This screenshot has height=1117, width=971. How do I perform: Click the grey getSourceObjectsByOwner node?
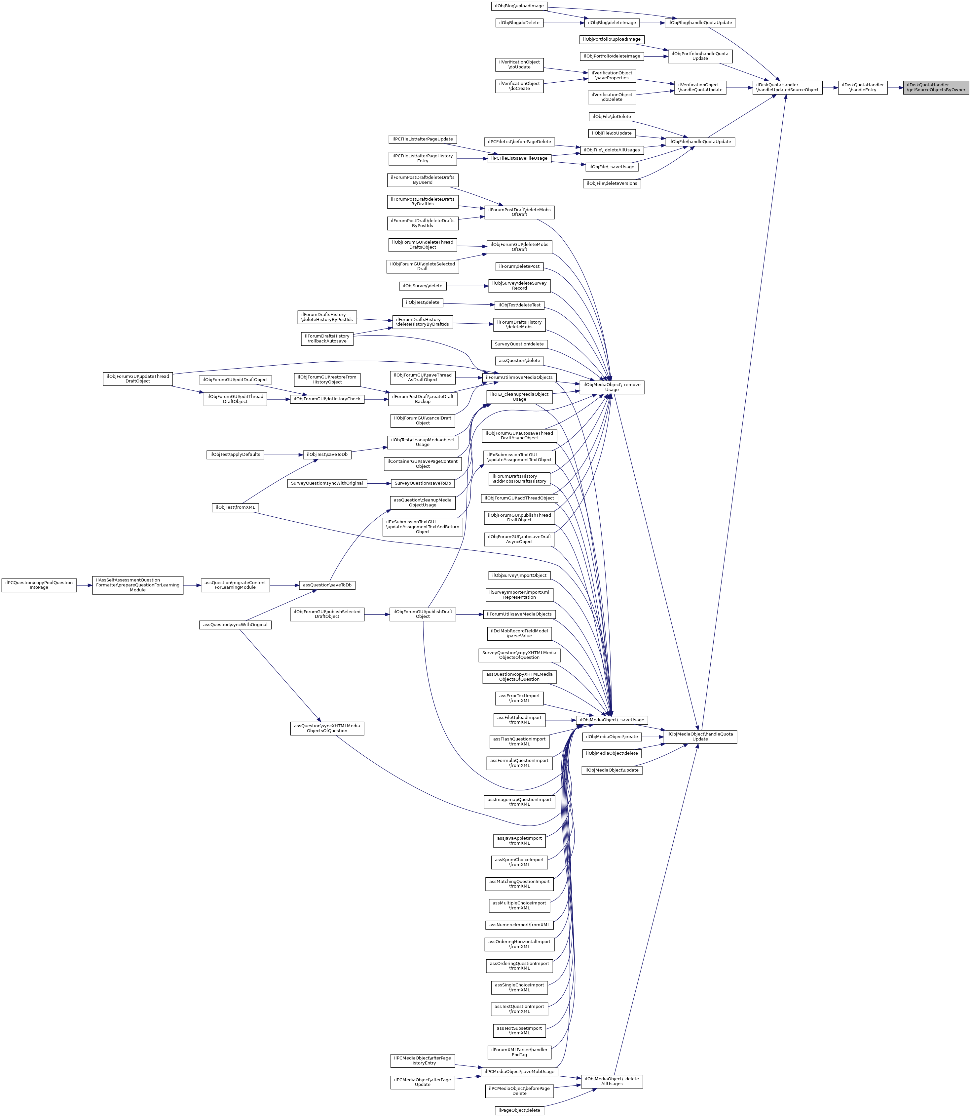pos(936,87)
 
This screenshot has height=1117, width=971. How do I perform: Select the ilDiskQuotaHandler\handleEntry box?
pos(863,87)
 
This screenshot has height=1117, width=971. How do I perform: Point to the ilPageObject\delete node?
pos(519,1110)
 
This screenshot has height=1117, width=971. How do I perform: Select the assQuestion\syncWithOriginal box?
pos(235,625)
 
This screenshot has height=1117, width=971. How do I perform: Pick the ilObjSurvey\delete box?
pos(423,286)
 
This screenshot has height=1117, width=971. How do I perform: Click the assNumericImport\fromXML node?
pos(519,925)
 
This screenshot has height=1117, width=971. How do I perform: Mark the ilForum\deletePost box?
pos(519,267)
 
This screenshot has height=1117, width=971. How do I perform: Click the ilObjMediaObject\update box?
pos(612,770)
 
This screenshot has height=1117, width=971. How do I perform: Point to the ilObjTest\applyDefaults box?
pos(235,455)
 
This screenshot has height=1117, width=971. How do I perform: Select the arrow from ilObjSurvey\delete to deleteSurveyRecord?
pos(467,286)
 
